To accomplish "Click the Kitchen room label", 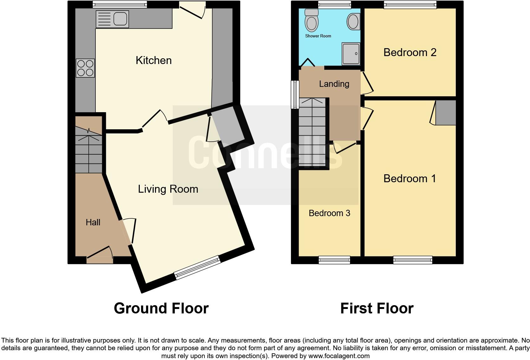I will pyautogui.click(x=153, y=60).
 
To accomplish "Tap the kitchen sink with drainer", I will pyautogui.click(x=112, y=19).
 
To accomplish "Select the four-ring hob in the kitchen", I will pyautogui.click(x=85, y=68).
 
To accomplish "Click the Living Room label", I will pyautogui.click(x=168, y=189).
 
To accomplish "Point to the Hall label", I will pyautogui.click(x=93, y=222).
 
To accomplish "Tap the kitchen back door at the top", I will pyautogui.click(x=192, y=10).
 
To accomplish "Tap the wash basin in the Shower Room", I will pyautogui.click(x=353, y=22).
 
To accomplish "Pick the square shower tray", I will pyautogui.click(x=351, y=54).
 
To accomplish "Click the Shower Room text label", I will pyautogui.click(x=318, y=36).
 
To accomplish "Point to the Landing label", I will pyautogui.click(x=334, y=84).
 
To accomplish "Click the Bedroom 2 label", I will pyautogui.click(x=410, y=52).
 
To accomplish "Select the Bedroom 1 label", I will pyautogui.click(x=410, y=178).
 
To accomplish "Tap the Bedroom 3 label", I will pyautogui.click(x=329, y=213).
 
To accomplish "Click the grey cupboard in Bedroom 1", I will pyautogui.click(x=446, y=113).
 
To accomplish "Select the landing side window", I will pyautogui.click(x=295, y=94).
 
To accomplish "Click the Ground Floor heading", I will pyautogui.click(x=161, y=308).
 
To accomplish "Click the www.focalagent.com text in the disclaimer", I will pyautogui.click(x=339, y=356).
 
